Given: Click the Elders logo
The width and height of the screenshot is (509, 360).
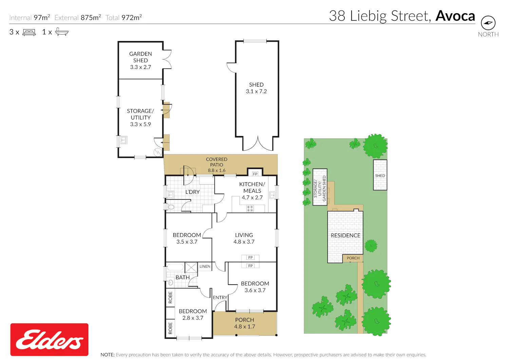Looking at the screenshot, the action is click(x=49, y=340).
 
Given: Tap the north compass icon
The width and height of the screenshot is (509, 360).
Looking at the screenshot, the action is click(x=488, y=23).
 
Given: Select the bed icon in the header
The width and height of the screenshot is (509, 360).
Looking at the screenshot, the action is click(x=29, y=32).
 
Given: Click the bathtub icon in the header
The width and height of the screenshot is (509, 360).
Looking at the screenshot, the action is click(x=62, y=32).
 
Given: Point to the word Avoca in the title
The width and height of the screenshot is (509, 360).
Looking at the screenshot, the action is click(x=455, y=16).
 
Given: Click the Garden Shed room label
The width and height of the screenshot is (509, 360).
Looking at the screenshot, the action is click(x=140, y=60).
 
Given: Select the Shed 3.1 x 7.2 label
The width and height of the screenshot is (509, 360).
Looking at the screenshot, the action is click(x=256, y=88).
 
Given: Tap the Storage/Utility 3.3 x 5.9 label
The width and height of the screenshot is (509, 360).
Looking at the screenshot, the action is click(x=140, y=117).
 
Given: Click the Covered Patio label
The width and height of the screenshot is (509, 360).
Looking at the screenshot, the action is click(x=216, y=165).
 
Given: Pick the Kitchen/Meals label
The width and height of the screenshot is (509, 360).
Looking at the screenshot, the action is click(x=252, y=191).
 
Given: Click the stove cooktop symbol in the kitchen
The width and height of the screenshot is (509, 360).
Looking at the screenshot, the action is click(x=250, y=209).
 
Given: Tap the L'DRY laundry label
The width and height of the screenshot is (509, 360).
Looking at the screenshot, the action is click(x=192, y=192).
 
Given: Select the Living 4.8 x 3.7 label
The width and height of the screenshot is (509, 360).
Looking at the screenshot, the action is click(x=244, y=238).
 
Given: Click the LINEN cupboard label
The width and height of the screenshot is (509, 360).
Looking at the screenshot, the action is click(x=205, y=266).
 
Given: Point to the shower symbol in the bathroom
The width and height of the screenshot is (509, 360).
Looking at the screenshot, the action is click(x=191, y=267).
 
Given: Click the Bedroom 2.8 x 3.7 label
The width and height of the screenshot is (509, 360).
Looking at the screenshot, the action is click(x=193, y=314).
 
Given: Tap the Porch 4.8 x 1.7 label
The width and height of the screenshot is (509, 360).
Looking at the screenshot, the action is click(x=245, y=323).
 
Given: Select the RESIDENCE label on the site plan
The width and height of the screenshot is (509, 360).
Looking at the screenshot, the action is click(x=345, y=235).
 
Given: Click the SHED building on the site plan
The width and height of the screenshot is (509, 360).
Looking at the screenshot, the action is click(x=380, y=175).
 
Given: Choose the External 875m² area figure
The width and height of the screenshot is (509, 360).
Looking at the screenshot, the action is click(x=78, y=17).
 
